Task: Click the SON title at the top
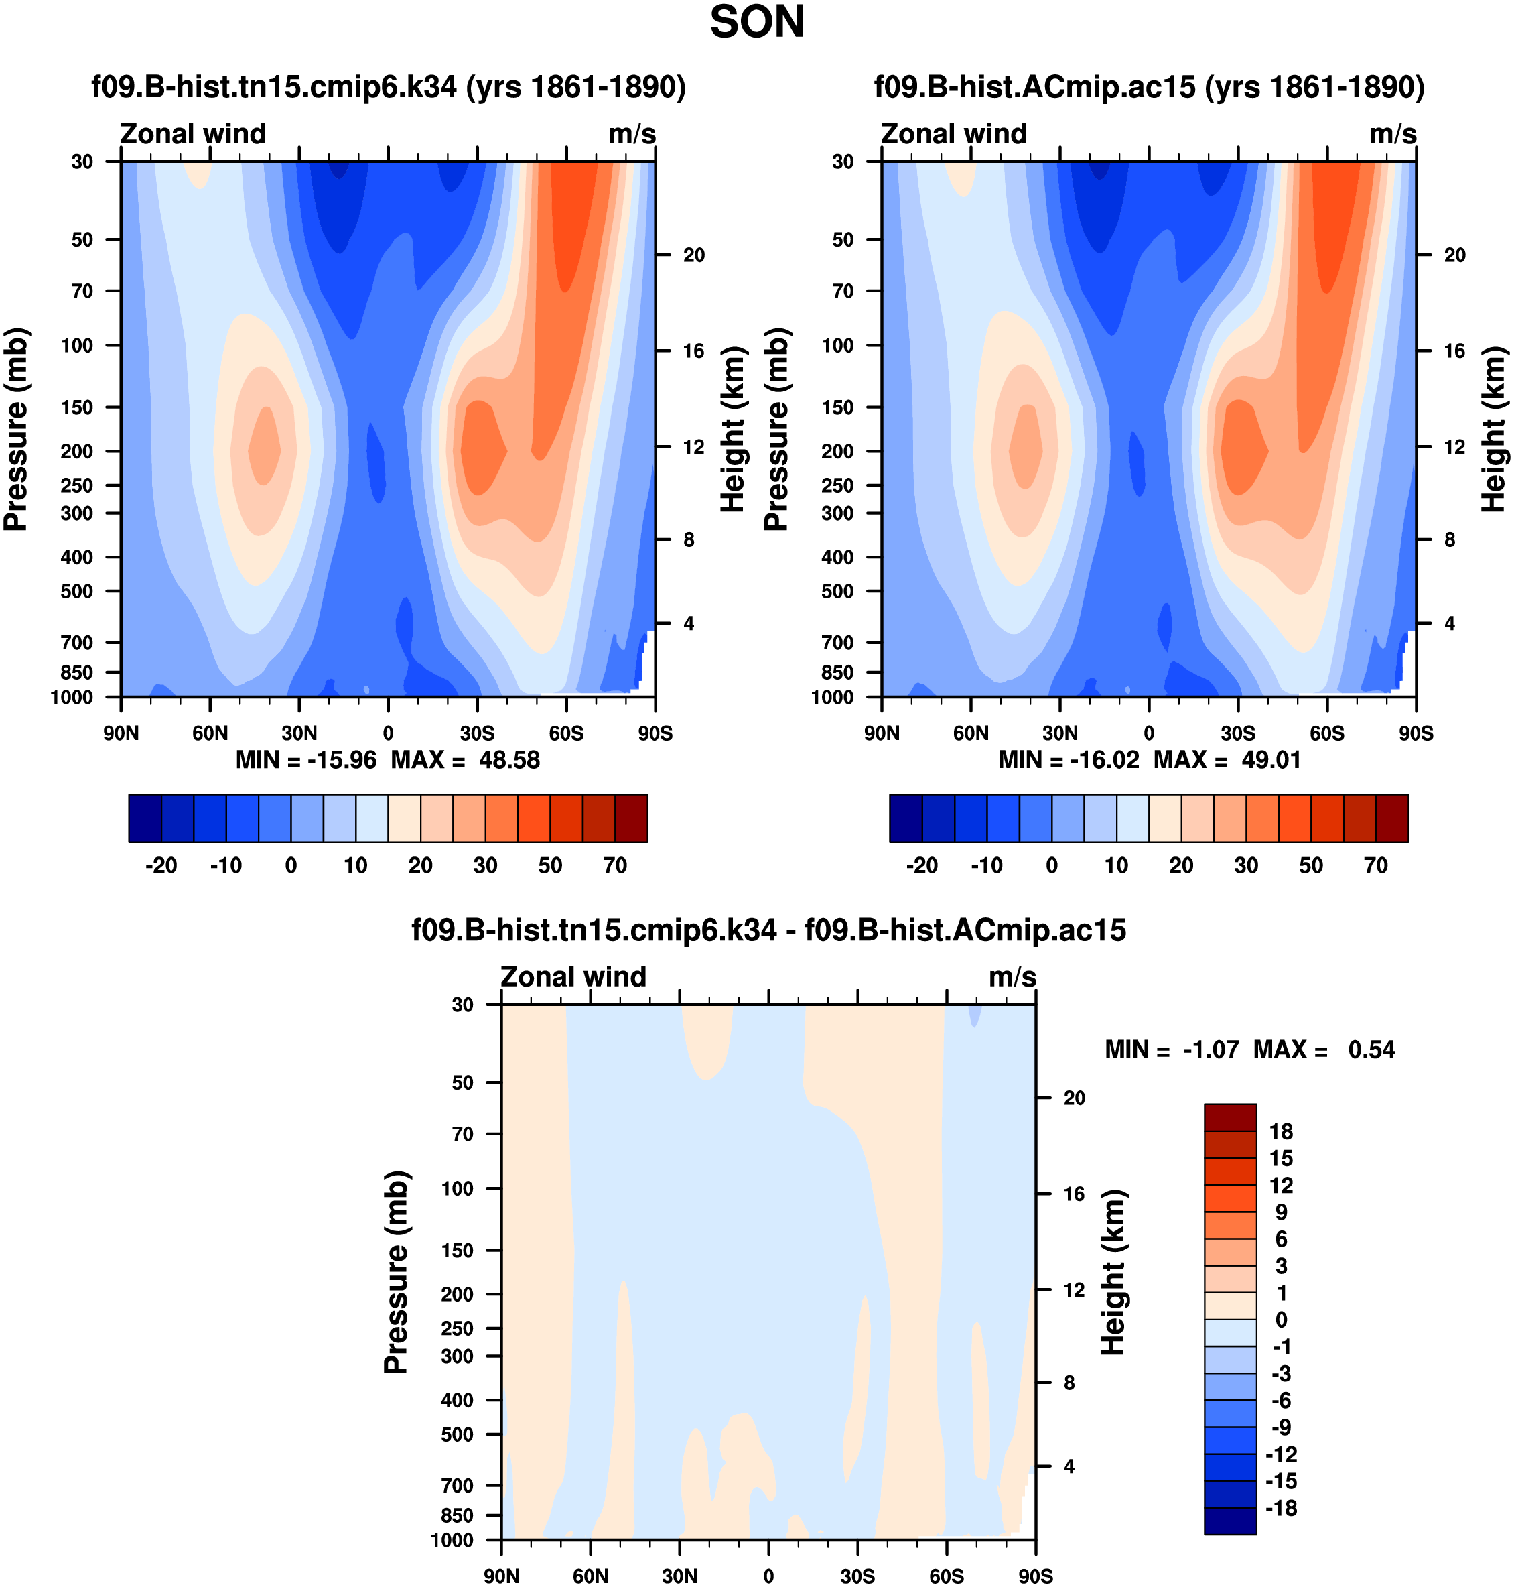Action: point(756,23)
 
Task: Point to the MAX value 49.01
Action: point(1271,761)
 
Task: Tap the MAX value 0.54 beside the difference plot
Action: point(1371,1050)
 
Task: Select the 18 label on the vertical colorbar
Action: point(1281,1132)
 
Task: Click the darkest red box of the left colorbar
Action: point(631,818)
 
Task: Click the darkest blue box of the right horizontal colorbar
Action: point(906,818)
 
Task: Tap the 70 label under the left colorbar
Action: point(615,866)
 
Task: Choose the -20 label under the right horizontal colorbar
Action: point(922,866)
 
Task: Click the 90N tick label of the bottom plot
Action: point(502,1576)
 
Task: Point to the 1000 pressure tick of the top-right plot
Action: point(833,698)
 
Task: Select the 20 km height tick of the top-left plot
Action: point(694,255)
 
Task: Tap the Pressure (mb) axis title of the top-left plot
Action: point(16,430)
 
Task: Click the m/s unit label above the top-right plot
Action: point(1392,134)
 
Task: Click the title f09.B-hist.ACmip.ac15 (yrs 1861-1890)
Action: point(1149,86)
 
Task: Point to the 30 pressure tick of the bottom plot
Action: point(462,1005)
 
